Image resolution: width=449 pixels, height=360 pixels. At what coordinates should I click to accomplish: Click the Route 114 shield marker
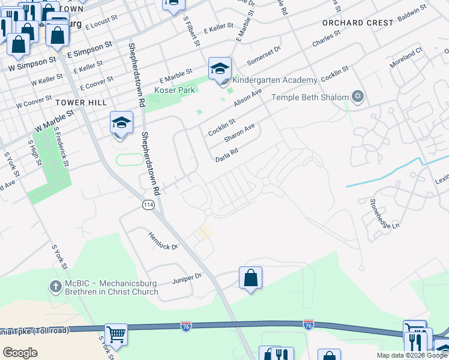point(148,205)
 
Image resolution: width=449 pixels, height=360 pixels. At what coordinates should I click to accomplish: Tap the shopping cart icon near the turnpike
point(116,334)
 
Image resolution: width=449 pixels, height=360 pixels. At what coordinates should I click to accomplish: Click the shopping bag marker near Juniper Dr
point(250,278)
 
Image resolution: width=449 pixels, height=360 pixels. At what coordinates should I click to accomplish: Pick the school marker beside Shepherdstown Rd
point(121,123)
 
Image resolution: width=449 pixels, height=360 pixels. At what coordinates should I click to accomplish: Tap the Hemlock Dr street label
point(163,242)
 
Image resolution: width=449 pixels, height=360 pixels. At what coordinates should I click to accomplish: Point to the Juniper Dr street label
point(187,278)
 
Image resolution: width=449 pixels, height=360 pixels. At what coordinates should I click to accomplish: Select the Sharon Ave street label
point(240,133)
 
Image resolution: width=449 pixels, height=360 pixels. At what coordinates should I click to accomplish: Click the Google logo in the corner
point(20,352)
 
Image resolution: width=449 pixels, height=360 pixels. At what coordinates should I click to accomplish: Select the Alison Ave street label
point(248,97)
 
